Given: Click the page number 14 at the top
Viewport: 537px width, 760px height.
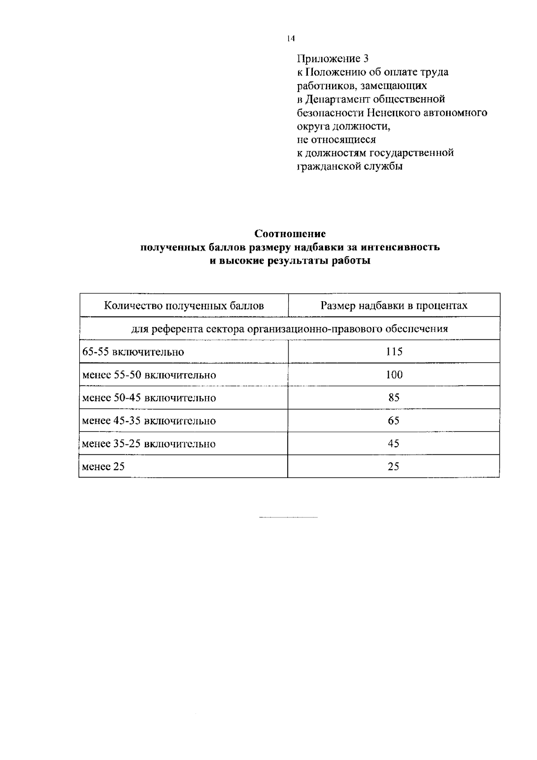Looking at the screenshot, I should (x=291, y=39).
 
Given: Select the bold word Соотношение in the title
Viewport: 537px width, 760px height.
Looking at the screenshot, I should (x=290, y=234).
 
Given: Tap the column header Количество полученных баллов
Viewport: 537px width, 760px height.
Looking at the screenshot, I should (x=184, y=306).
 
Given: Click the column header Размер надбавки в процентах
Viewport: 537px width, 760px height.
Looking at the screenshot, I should (x=394, y=306).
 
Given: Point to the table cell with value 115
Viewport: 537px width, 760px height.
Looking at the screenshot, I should (x=394, y=352).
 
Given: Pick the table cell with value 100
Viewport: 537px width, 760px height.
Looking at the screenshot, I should (x=394, y=375).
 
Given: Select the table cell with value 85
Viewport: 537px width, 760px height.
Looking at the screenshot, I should (x=394, y=397).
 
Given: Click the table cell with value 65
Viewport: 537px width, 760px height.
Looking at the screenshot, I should (x=394, y=421).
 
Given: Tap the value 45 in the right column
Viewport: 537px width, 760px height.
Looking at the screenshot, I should (x=394, y=444).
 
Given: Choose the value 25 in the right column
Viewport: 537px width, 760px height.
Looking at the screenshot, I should (x=394, y=467).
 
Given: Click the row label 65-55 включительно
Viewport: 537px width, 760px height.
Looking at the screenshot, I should (x=133, y=352).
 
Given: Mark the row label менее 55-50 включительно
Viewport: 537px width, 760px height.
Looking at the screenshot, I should (x=149, y=375).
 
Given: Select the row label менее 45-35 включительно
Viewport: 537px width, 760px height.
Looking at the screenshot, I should (x=149, y=421).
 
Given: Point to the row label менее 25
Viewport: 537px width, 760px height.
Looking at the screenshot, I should (x=103, y=467).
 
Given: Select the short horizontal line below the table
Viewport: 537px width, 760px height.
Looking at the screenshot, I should (x=288, y=517).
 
